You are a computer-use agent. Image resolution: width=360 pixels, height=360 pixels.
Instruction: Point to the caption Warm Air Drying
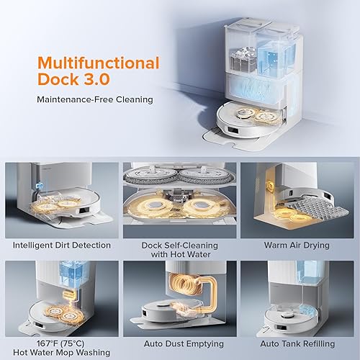[299, 245]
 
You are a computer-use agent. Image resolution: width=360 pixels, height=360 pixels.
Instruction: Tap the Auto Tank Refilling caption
[299, 343]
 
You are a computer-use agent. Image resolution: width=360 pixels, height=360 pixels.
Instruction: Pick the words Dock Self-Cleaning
[180, 245]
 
